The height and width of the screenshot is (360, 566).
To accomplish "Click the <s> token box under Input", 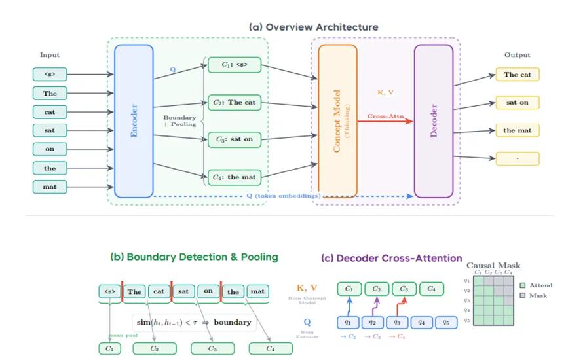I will [x=50, y=75].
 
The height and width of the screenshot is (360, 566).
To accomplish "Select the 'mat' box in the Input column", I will [x=50, y=187].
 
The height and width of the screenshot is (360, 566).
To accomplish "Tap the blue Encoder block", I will [x=134, y=121].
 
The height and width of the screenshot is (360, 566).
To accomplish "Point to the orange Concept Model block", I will [x=337, y=121].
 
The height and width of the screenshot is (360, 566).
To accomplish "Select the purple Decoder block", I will [x=433, y=121].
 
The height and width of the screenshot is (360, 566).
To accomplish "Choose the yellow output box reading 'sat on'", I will [x=517, y=102].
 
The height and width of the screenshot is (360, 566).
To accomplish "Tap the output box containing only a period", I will [x=517, y=158].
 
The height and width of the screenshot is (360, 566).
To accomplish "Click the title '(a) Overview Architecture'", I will [x=314, y=27].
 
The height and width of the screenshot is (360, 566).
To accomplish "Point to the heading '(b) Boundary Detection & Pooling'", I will [x=194, y=257].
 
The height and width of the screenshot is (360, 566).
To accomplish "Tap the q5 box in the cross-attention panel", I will [x=445, y=321].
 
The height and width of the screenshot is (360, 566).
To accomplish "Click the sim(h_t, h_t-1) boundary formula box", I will [x=194, y=322].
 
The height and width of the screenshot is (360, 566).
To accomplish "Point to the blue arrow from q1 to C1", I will [x=349, y=305].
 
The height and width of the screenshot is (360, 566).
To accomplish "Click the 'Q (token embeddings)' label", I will [x=286, y=196].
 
